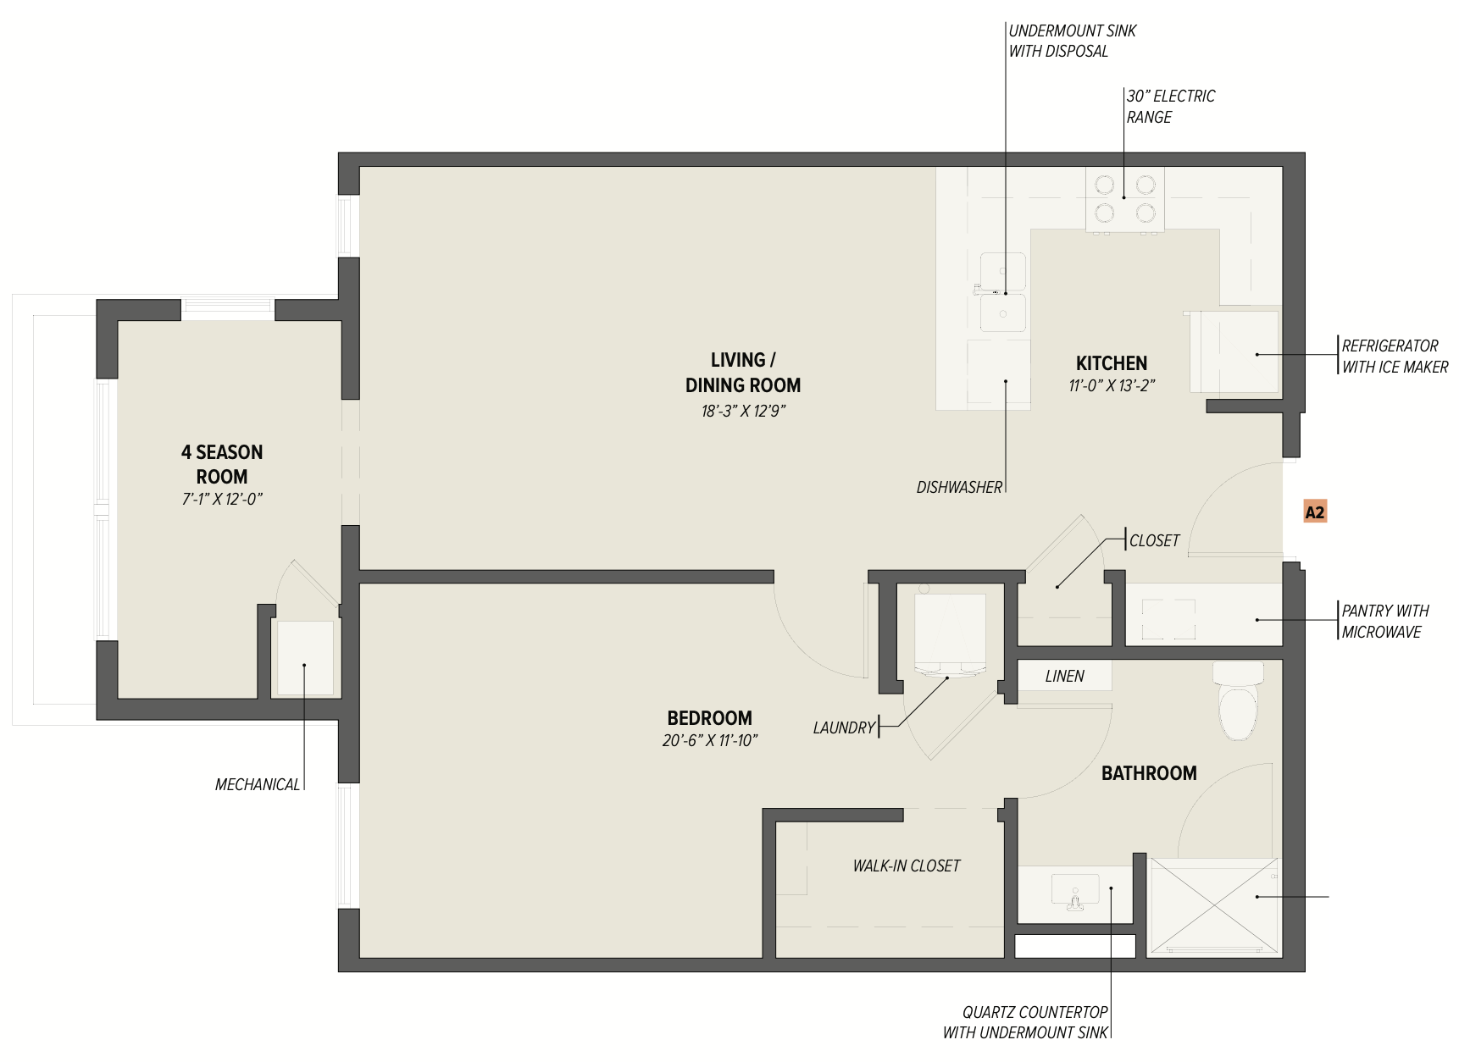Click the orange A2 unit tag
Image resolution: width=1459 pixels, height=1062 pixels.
1314,512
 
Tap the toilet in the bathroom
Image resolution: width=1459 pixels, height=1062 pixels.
1238,700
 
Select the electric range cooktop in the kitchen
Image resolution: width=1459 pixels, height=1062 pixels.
1124,199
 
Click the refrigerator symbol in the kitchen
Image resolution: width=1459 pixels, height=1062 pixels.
1234,351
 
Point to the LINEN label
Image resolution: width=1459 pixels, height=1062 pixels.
1064,676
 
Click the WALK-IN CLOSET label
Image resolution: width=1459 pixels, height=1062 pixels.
907,866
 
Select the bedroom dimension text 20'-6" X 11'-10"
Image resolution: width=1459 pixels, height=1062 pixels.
710,740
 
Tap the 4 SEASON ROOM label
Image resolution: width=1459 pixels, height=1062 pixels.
222,464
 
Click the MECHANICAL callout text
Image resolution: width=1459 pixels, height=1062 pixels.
258,784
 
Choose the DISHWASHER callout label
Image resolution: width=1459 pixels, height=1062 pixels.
959,487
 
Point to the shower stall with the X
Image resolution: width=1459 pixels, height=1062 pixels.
1213,907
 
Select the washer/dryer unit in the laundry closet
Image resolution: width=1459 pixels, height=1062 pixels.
950,633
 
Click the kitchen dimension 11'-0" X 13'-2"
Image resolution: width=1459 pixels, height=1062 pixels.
1112,385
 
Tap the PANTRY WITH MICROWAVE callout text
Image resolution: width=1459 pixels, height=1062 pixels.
1384,621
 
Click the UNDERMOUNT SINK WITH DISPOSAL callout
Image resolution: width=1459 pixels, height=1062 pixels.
1072,41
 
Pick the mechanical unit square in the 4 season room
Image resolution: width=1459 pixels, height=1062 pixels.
305,658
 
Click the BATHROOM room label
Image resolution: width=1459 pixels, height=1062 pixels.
1149,773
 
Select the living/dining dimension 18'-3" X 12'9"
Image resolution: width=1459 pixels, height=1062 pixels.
743,411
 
